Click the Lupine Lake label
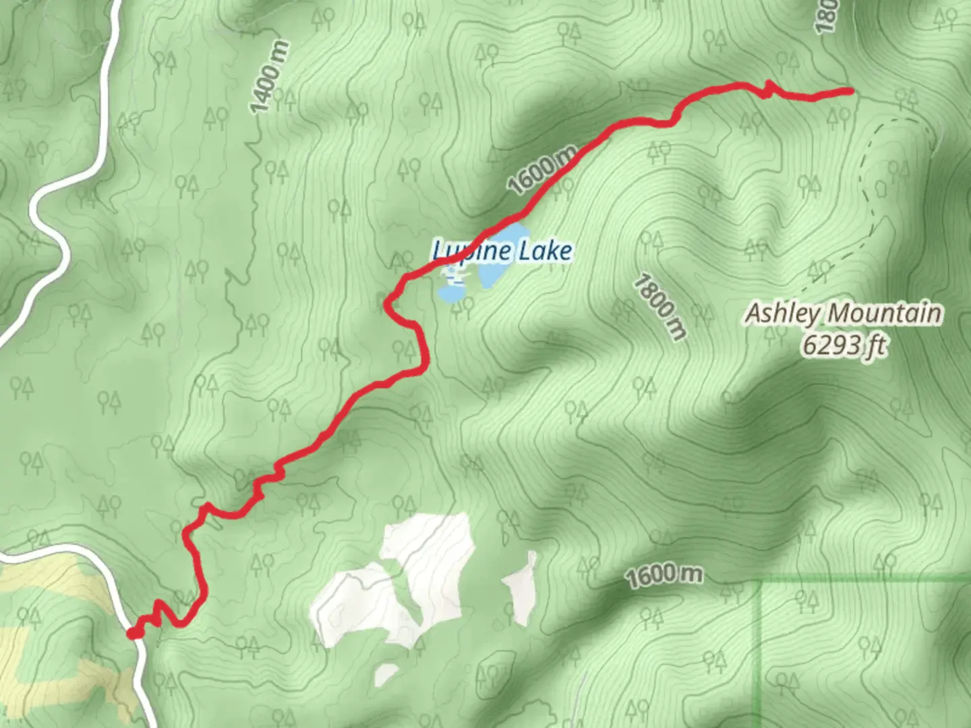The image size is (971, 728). [502, 251]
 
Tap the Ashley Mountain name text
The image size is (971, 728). [843, 313]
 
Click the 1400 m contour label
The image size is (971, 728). [269, 78]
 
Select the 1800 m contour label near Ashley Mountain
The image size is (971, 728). [659, 307]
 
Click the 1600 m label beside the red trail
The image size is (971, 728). [543, 170]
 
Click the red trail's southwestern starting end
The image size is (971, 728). [132, 633]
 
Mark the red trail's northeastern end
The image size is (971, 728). [851, 90]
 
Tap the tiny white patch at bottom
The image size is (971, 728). [386, 673]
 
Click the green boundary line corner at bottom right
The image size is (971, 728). [761, 580]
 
